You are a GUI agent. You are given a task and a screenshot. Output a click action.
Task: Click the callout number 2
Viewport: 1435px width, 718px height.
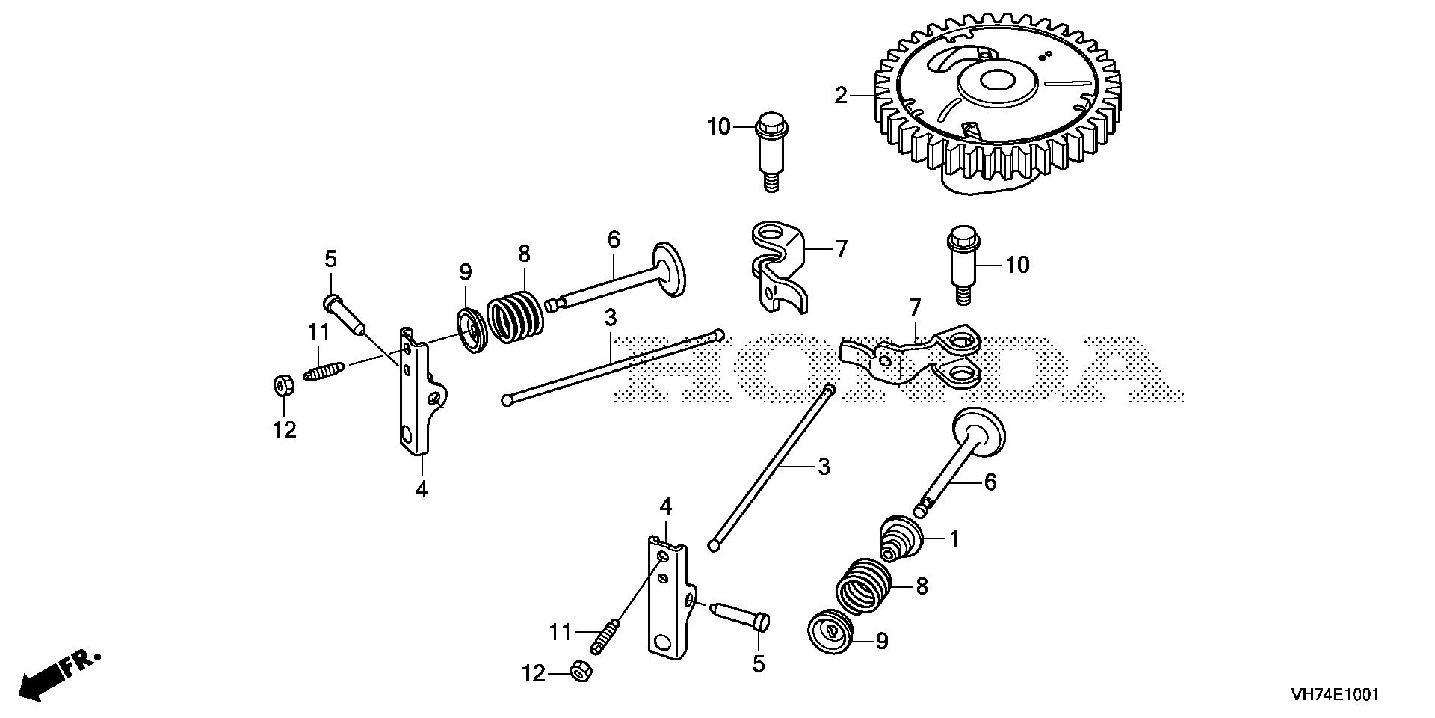point(841,95)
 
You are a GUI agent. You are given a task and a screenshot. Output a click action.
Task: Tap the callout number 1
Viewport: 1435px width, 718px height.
point(953,538)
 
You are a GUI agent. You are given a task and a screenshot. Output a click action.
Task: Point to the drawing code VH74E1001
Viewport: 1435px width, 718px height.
point(1334,695)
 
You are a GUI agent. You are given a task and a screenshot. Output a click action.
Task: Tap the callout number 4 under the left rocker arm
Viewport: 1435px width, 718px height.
point(422,490)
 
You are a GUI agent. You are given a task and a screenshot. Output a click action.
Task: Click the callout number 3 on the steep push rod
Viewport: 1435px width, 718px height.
point(823,467)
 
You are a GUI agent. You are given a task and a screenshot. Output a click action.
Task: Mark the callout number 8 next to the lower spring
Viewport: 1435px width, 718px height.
point(922,586)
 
